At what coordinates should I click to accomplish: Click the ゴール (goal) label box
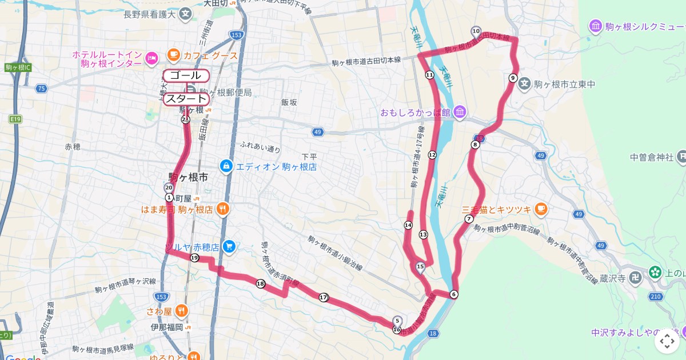[186, 75]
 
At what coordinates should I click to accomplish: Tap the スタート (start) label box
[186, 99]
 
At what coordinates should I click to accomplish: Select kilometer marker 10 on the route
[476, 31]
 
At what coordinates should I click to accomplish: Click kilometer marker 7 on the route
[469, 219]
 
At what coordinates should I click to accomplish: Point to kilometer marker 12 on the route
[432, 155]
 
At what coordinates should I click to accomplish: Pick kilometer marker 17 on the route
[324, 297]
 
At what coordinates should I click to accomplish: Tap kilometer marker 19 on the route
[194, 258]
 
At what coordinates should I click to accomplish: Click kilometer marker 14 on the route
[408, 226]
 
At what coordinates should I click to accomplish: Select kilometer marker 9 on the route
[513, 78]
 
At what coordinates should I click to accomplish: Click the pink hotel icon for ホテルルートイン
[151, 57]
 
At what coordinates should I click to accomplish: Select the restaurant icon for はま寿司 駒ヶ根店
[224, 209]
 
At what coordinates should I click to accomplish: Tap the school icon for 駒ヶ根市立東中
[525, 84]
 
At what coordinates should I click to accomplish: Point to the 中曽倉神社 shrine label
[652, 157]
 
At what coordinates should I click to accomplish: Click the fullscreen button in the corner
[667, 341]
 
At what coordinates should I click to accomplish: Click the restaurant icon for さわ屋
[182, 311]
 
